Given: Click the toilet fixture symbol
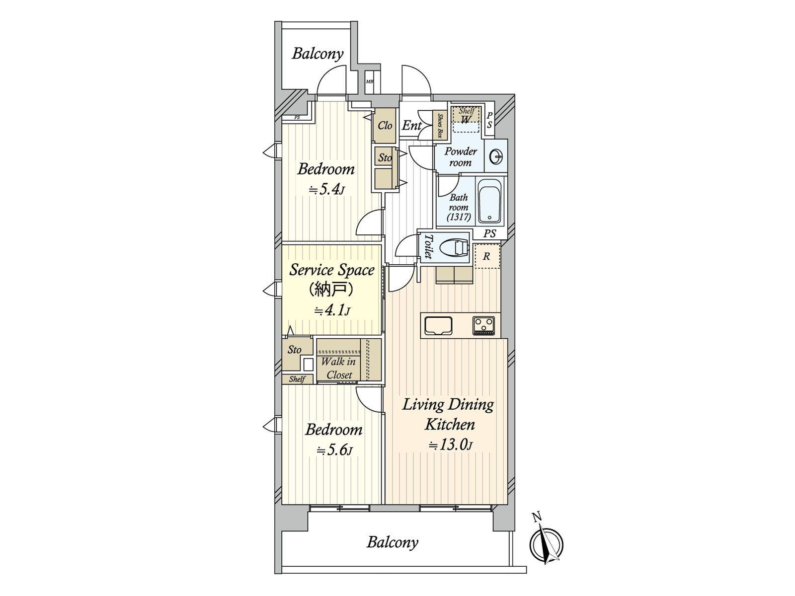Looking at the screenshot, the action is pyautogui.click(x=453, y=249).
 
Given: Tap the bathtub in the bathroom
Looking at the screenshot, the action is pyautogui.click(x=490, y=201).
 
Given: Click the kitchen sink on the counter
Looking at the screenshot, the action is pyautogui.click(x=438, y=325).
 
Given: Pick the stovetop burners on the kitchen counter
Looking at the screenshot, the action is pyautogui.click(x=483, y=325).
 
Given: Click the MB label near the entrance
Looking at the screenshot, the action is pyautogui.click(x=369, y=82).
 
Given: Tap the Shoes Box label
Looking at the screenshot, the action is pyautogui.click(x=440, y=126).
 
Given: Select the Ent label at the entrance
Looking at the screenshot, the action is pyautogui.click(x=412, y=126).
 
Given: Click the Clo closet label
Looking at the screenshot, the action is pyautogui.click(x=385, y=126).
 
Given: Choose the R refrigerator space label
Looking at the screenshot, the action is pyautogui.click(x=486, y=256).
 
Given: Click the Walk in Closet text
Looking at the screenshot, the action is pyautogui.click(x=338, y=368).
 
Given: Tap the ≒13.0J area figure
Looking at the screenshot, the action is pyautogui.click(x=451, y=445).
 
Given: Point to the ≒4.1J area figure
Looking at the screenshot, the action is pyautogui.click(x=331, y=310).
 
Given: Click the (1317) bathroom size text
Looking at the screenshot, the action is pyautogui.click(x=459, y=217).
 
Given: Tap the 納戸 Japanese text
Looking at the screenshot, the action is pyautogui.click(x=332, y=290).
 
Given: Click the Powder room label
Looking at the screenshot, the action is pyautogui.click(x=460, y=156).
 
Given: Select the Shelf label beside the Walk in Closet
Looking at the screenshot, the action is pyautogui.click(x=297, y=379).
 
